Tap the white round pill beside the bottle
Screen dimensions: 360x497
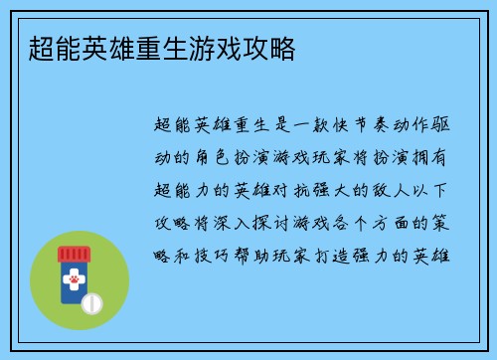click(x=93, y=300)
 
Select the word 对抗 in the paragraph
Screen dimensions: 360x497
click(x=303, y=189)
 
